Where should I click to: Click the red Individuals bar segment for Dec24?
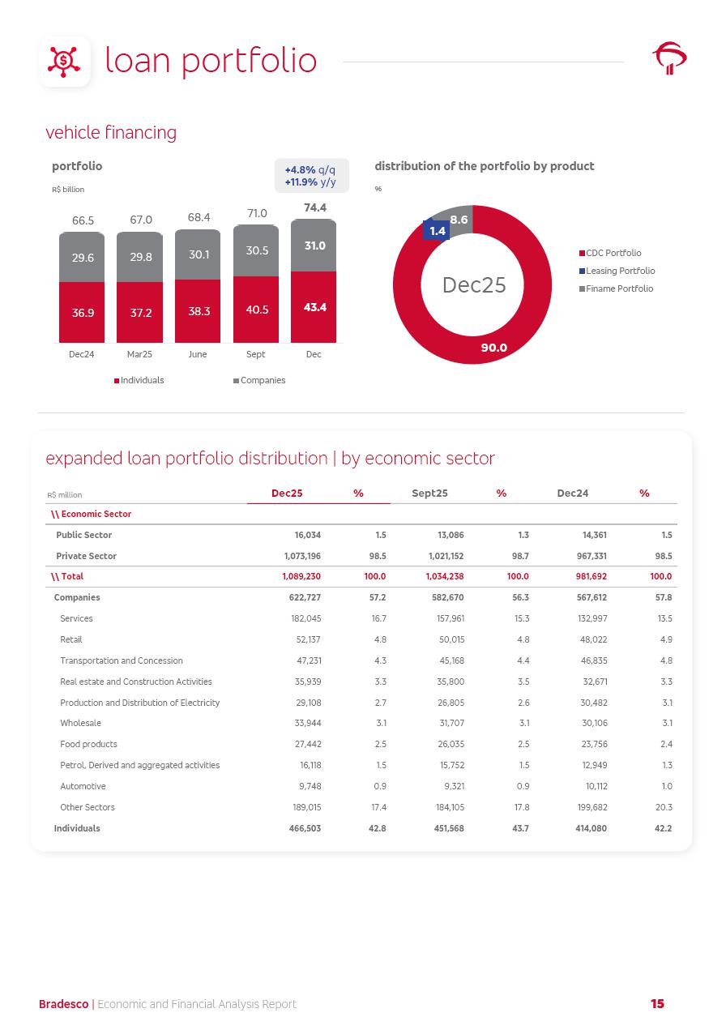pos(82,313)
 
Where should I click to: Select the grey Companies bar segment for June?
pos(198,254)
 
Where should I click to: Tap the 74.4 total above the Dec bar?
pos(314,208)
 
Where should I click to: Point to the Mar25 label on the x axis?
pos(139,355)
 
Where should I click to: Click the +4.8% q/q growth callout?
pos(310,170)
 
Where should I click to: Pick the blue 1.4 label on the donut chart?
pos(438,231)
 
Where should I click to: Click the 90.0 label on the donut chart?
pos(493,348)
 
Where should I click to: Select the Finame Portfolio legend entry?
pos(618,289)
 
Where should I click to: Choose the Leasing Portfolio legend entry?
pos(620,271)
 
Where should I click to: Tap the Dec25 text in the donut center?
pos(474,285)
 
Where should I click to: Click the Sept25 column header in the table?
pos(429,494)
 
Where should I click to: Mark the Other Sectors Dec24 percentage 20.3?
pos(664,807)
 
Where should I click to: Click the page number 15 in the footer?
pos(657,1004)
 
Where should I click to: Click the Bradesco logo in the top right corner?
pos(669,58)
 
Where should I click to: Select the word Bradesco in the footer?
pos(63,1005)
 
